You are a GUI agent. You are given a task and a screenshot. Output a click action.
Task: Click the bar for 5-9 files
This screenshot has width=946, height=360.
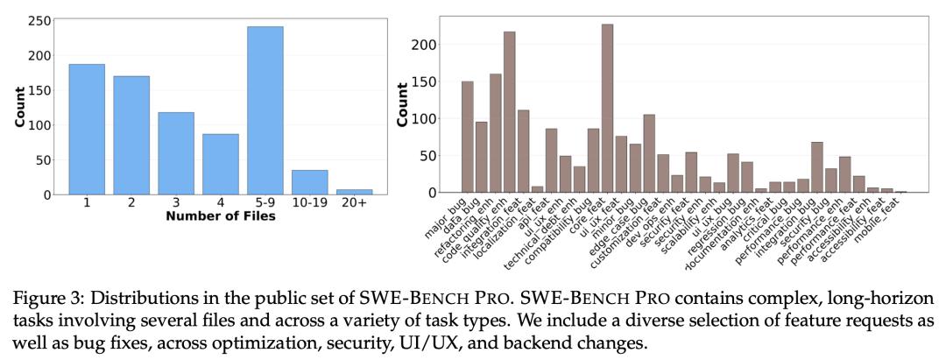[265, 109]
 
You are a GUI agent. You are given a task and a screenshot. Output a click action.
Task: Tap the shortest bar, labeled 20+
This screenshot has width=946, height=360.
[355, 191]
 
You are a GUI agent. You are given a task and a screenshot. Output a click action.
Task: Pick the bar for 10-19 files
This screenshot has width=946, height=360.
[310, 181]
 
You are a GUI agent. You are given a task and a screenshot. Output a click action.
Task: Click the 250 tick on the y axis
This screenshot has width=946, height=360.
[38, 20]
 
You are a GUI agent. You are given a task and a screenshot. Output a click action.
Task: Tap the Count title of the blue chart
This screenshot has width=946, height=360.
[18, 107]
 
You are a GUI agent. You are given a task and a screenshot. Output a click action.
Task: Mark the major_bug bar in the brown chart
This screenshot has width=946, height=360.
[467, 137]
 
